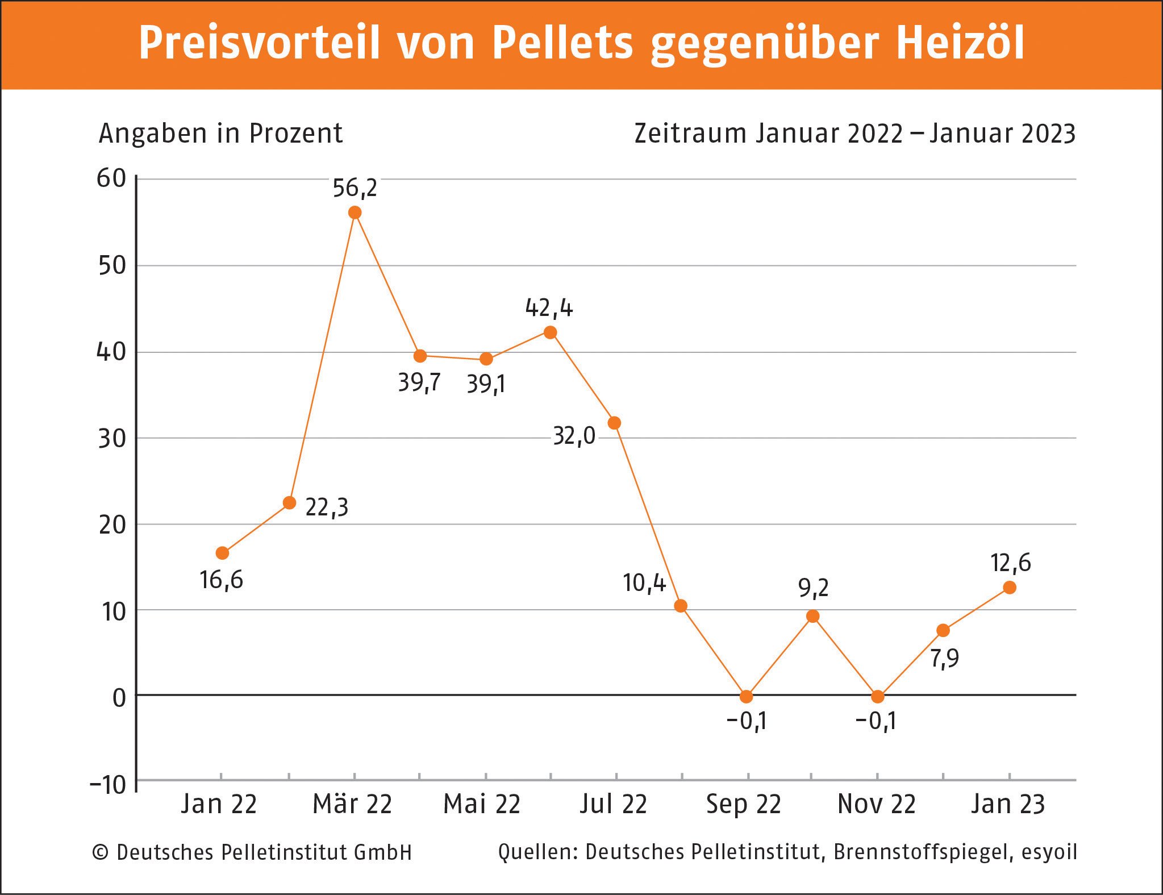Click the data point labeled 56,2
[x=355, y=213]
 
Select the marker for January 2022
[x=222, y=553]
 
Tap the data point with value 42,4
[x=550, y=332]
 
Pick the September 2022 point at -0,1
[x=747, y=696]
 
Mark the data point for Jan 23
[x=1010, y=588]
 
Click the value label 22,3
[x=327, y=507]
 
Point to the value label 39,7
[x=419, y=382]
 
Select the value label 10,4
[x=644, y=583]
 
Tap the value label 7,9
[x=944, y=658]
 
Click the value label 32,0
[x=574, y=436]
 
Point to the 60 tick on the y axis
[x=111, y=178]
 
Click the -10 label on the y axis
[x=108, y=785]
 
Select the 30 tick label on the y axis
[x=112, y=438]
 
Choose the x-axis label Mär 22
[x=352, y=804]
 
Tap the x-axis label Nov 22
[x=877, y=804]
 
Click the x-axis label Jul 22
[x=614, y=804]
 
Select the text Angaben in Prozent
[x=220, y=134]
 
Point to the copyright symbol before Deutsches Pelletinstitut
[x=100, y=852]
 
